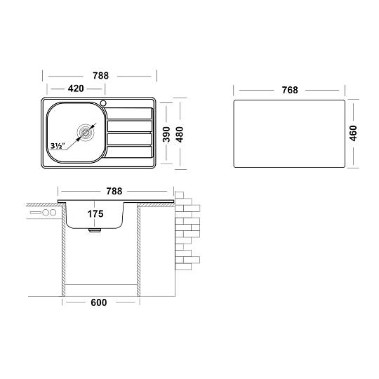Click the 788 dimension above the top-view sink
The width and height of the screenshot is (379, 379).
click(x=100, y=76)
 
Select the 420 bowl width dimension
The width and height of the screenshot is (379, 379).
click(x=76, y=88)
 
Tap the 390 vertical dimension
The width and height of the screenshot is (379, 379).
click(x=166, y=134)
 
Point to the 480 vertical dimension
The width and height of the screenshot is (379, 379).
click(x=180, y=134)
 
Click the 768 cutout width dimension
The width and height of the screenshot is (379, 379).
click(x=290, y=90)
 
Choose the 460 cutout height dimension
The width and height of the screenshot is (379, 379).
click(x=353, y=133)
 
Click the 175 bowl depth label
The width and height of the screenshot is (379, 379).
click(x=95, y=213)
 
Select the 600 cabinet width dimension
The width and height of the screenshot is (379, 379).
click(x=99, y=302)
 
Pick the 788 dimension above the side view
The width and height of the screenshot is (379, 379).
click(x=114, y=191)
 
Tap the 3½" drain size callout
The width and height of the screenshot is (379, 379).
click(x=58, y=146)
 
